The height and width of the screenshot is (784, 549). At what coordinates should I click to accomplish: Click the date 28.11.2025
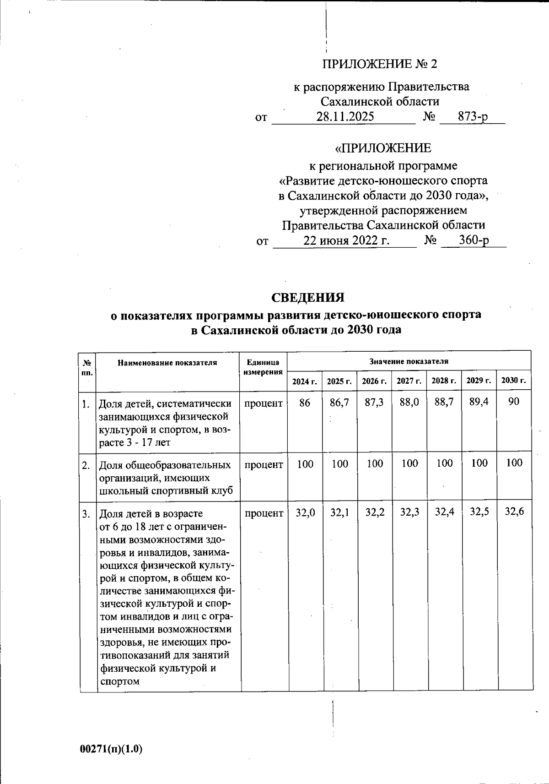[345, 117]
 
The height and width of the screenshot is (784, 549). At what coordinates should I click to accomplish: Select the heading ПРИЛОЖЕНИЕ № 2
[380, 64]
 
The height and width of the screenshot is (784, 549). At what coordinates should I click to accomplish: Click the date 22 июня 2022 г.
[346, 240]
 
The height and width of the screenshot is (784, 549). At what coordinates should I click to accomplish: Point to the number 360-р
[474, 240]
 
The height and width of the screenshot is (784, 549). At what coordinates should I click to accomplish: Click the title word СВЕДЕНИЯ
[308, 298]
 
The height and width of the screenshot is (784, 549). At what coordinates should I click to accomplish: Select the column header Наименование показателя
[167, 363]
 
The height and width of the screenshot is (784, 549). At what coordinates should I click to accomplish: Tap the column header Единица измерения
[263, 367]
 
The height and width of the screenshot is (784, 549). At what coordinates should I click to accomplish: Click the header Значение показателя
[409, 361]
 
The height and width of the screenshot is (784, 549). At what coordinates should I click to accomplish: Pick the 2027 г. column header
[409, 381]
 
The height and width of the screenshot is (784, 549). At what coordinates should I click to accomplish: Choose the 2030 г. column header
[514, 381]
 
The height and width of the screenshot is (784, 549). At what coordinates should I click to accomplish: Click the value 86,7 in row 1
[339, 403]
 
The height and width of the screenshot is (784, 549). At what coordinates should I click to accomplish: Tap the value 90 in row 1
[514, 403]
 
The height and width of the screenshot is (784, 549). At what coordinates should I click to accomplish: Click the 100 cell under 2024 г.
[305, 464]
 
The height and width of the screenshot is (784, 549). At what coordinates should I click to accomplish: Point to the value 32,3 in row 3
[409, 512]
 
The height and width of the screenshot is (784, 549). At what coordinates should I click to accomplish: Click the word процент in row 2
[264, 464]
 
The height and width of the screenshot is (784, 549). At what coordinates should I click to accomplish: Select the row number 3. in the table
[86, 514]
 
